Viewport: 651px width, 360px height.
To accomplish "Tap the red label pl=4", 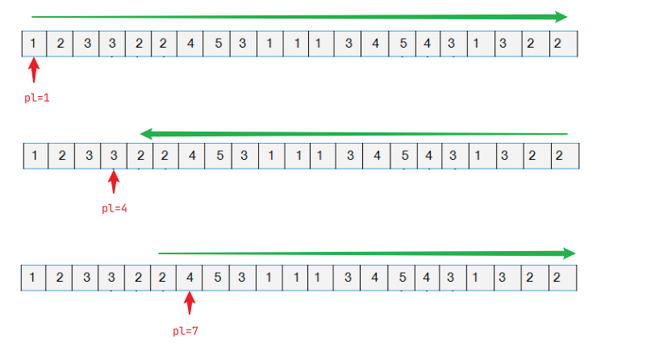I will pyautogui.click(x=115, y=208).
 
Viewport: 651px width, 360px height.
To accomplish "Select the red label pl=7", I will pyautogui.click(x=186, y=331).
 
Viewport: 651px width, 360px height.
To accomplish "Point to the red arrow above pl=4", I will pyautogui.click(x=113, y=181).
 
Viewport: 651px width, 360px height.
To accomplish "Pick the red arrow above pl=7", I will pyautogui.click(x=190, y=303).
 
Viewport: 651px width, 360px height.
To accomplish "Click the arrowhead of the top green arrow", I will pyautogui.click(x=561, y=17).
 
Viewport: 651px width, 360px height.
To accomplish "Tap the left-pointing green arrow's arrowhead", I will pyautogui.click(x=148, y=133).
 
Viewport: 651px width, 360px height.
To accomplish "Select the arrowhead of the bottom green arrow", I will pyautogui.click(x=568, y=253).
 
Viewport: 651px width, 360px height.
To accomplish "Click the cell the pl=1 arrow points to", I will pyautogui.click(x=33, y=44).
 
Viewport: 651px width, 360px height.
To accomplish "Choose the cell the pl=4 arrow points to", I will pyautogui.click(x=114, y=156).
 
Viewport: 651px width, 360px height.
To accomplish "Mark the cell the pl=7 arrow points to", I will pyautogui.click(x=190, y=278).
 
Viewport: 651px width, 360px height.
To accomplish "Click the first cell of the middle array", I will pyautogui.click(x=35, y=156).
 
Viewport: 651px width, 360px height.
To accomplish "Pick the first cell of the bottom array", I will pyautogui.click(x=32, y=278).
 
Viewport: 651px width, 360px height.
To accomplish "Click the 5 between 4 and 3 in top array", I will pyautogui.click(x=218, y=44).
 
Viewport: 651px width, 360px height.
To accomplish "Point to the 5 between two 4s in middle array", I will pyautogui.click(x=404, y=156).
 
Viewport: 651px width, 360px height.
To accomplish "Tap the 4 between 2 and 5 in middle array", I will pyautogui.click(x=191, y=156).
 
